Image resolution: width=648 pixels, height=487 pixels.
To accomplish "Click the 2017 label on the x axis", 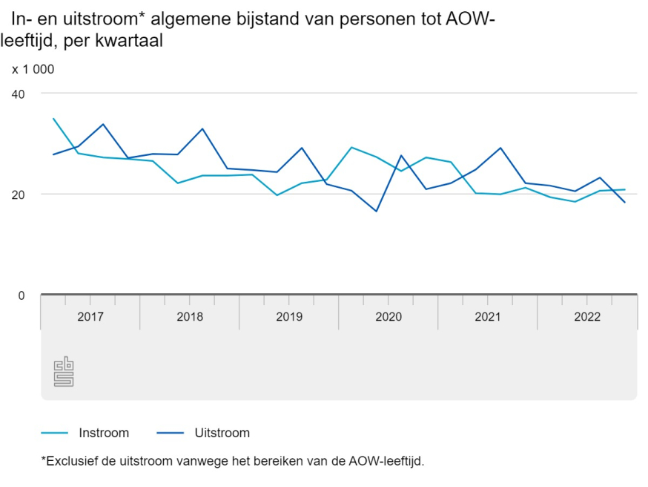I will [x=90, y=317].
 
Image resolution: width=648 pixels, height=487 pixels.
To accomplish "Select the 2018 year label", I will [x=190, y=317].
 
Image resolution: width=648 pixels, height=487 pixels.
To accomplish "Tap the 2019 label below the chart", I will [x=289, y=317].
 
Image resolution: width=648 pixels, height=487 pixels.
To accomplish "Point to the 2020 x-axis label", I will [x=389, y=317].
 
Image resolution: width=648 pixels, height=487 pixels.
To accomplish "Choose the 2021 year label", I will [x=488, y=317].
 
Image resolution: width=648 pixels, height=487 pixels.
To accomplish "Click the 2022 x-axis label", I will [x=587, y=317].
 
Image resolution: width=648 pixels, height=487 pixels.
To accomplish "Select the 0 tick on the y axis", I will [x=22, y=295].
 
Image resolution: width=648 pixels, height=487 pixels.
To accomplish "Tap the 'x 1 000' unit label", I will [x=33, y=70].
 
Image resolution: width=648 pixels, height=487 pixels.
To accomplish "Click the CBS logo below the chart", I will [x=64, y=372].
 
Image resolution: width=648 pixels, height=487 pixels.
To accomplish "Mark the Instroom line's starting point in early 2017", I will [x=53, y=119].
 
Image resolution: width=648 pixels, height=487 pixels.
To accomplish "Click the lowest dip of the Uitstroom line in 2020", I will [x=377, y=212].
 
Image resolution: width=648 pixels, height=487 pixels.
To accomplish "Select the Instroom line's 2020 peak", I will [x=351, y=147].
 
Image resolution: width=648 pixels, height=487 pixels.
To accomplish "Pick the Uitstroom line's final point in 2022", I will [x=625, y=203].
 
